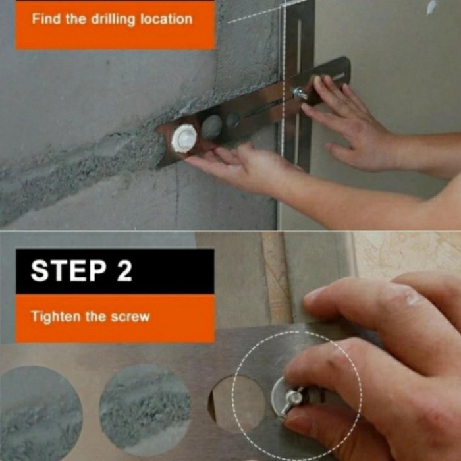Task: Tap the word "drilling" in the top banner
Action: coord(113,20)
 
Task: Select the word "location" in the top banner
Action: coord(166,19)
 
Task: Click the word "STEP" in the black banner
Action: coord(68,271)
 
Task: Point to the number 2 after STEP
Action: coord(124,271)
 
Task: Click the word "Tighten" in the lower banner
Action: coord(55,317)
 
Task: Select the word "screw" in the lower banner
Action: coord(130,317)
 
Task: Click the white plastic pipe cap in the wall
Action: coord(184,138)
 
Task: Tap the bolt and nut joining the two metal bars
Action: coord(299,94)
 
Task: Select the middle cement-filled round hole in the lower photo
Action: coord(145,409)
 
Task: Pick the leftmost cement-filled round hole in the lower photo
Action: coord(40,412)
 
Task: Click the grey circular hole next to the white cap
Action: coord(211,127)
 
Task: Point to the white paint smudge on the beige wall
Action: coord(431,7)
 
